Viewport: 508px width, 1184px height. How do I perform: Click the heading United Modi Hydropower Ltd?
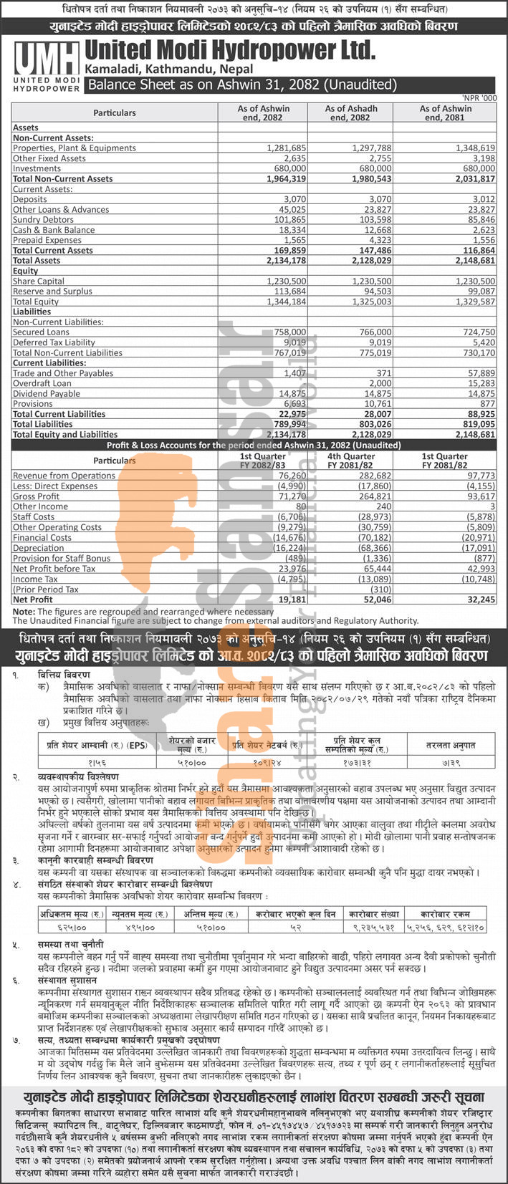click(x=229, y=50)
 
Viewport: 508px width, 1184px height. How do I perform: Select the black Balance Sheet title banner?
click(x=241, y=85)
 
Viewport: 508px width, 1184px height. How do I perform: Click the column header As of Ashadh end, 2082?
click(x=351, y=112)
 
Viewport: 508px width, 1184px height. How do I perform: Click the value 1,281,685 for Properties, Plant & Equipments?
click(x=287, y=148)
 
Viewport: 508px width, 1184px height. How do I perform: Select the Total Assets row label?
click(x=37, y=261)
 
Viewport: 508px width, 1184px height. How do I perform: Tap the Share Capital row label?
click(x=38, y=281)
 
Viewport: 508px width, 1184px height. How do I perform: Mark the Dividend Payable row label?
click(x=47, y=393)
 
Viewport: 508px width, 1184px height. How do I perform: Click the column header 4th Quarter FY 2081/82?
click(x=351, y=461)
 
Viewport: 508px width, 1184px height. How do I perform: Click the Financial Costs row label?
click(x=42, y=537)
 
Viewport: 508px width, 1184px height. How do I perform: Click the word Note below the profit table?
click(x=23, y=612)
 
